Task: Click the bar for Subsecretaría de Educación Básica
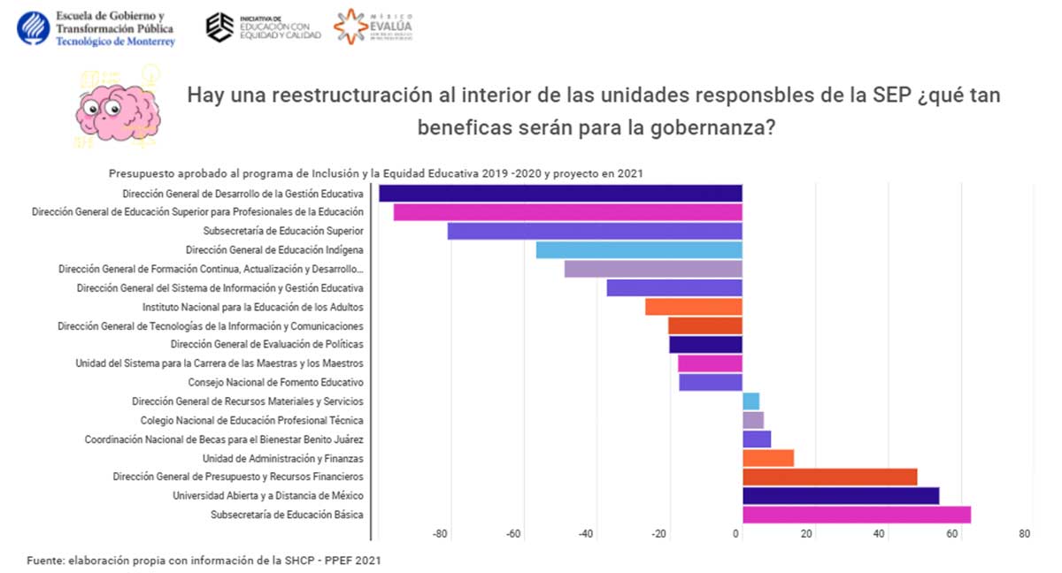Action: [x=856, y=515]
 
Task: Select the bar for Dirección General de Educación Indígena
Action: [x=639, y=250]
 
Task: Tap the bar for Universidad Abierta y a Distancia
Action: [x=840, y=496]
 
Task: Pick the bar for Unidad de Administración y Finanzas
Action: [x=767, y=458]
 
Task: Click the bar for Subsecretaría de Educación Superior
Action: [x=595, y=231]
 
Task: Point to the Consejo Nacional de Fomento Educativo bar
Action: [x=710, y=382]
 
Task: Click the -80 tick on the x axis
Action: [x=440, y=534]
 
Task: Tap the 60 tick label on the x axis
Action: [x=952, y=534]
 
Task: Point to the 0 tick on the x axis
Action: [x=736, y=534]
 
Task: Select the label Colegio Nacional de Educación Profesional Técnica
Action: [x=252, y=421]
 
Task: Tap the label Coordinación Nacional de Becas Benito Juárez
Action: [x=225, y=439]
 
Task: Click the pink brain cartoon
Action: [x=117, y=108]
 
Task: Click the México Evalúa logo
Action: [x=373, y=27]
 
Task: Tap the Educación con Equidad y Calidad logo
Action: [x=263, y=27]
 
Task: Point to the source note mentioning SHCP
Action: [x=204, y=561]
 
